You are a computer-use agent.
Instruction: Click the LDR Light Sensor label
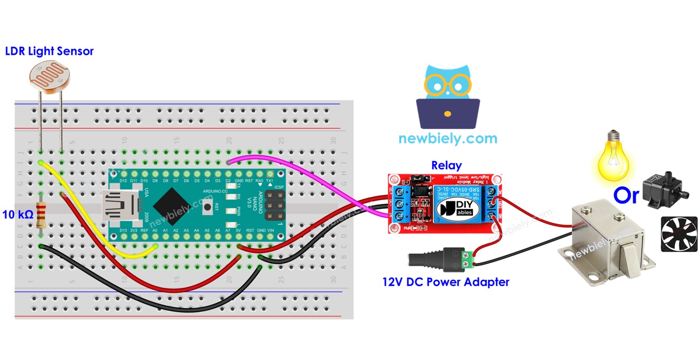(x=49, y=51)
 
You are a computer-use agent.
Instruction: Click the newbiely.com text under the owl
(x=447, y=139)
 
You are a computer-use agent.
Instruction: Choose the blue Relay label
(x=446, y=166)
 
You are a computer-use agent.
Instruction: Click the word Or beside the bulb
(x=626, y=195)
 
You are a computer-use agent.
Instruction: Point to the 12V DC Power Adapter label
(x=446, y=283)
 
